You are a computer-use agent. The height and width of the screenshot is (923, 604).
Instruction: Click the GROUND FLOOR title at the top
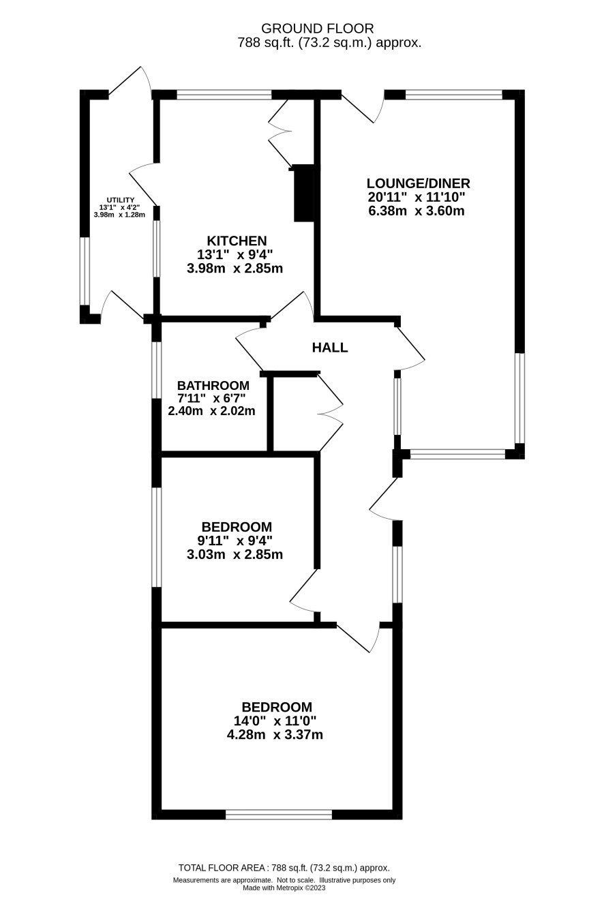(317, 29)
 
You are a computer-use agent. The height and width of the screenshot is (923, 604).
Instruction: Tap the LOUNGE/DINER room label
(418, 183)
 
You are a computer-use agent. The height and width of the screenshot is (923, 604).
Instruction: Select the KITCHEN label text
(237, 241)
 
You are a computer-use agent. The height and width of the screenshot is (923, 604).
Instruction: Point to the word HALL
(329, 348)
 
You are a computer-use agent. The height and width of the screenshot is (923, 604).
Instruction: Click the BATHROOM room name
(213, 385)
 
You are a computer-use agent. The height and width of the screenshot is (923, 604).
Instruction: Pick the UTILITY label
(120, 200)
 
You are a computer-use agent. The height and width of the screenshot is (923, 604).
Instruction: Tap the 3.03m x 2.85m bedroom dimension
(235, 554)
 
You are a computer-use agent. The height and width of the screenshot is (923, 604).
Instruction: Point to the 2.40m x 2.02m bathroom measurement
(211, 411)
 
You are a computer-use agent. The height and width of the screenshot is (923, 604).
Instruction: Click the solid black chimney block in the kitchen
(304, 193)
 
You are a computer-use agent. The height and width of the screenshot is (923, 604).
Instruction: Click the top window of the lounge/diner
(454, 95)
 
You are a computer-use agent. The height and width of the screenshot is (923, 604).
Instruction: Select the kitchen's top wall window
(224, 95)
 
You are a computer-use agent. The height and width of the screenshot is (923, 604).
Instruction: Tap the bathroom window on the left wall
(157, 369)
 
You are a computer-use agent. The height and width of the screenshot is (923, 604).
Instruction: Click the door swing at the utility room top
(130, 80)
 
